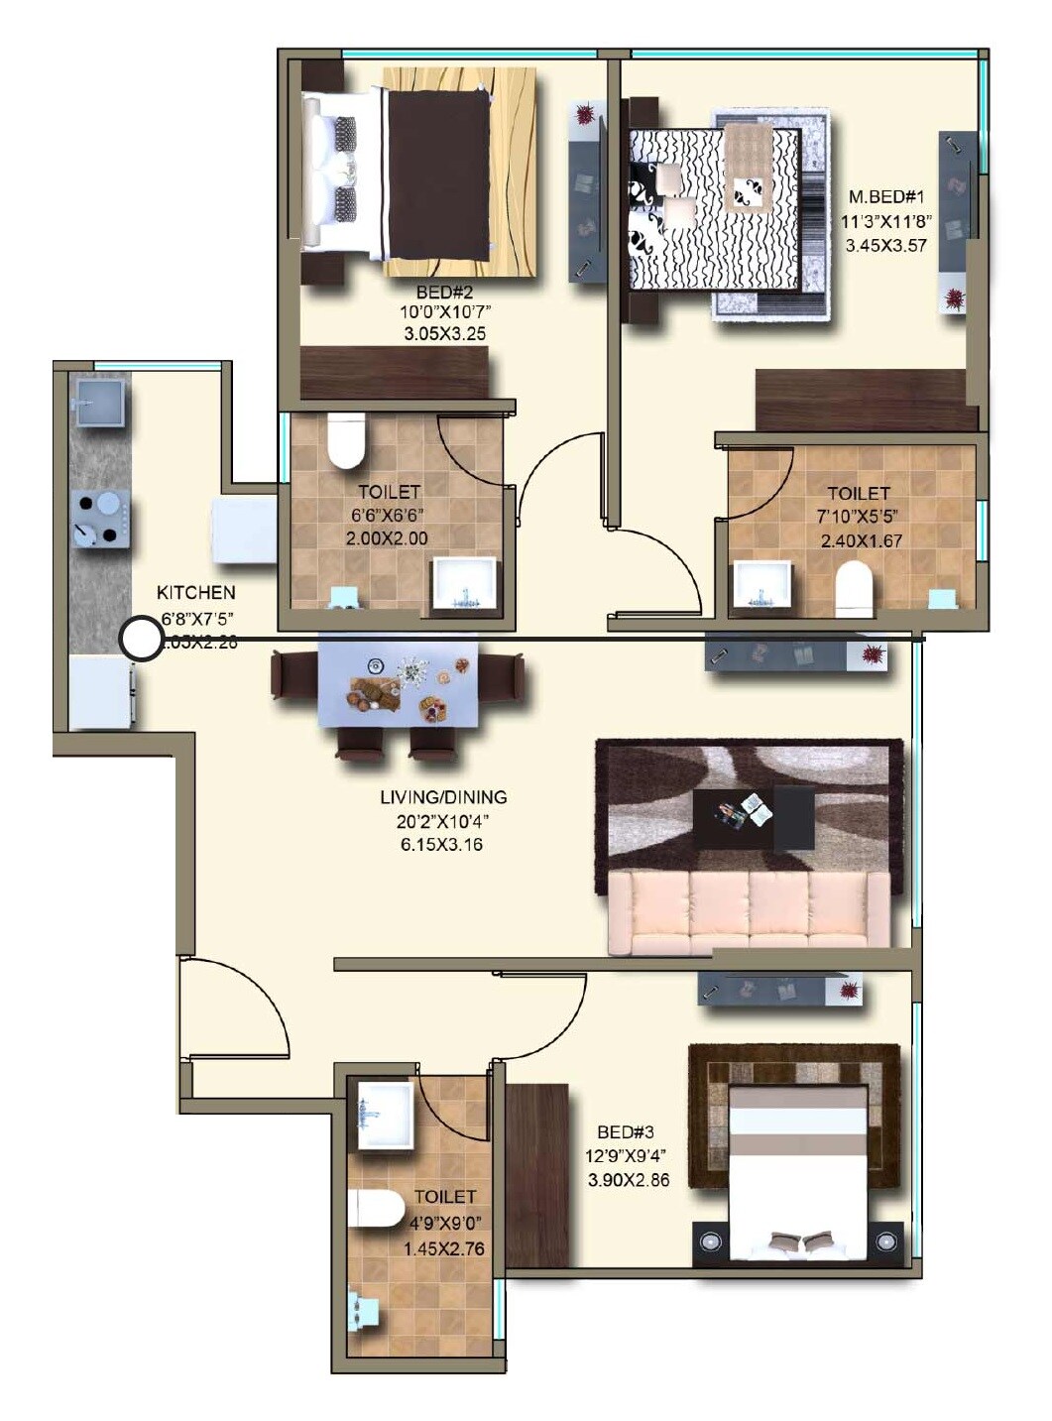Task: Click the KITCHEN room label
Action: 196,593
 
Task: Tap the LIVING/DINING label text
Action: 443,797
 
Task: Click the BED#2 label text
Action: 444,293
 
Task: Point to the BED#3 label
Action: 627,1132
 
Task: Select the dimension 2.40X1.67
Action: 861,540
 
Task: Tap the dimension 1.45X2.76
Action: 444,1248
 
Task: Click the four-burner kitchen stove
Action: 100,519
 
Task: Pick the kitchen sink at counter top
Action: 99,404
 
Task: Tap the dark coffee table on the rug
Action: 754,818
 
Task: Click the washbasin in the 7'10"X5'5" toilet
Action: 761,585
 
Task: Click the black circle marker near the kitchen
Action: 140,640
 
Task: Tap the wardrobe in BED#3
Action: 537,1174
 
